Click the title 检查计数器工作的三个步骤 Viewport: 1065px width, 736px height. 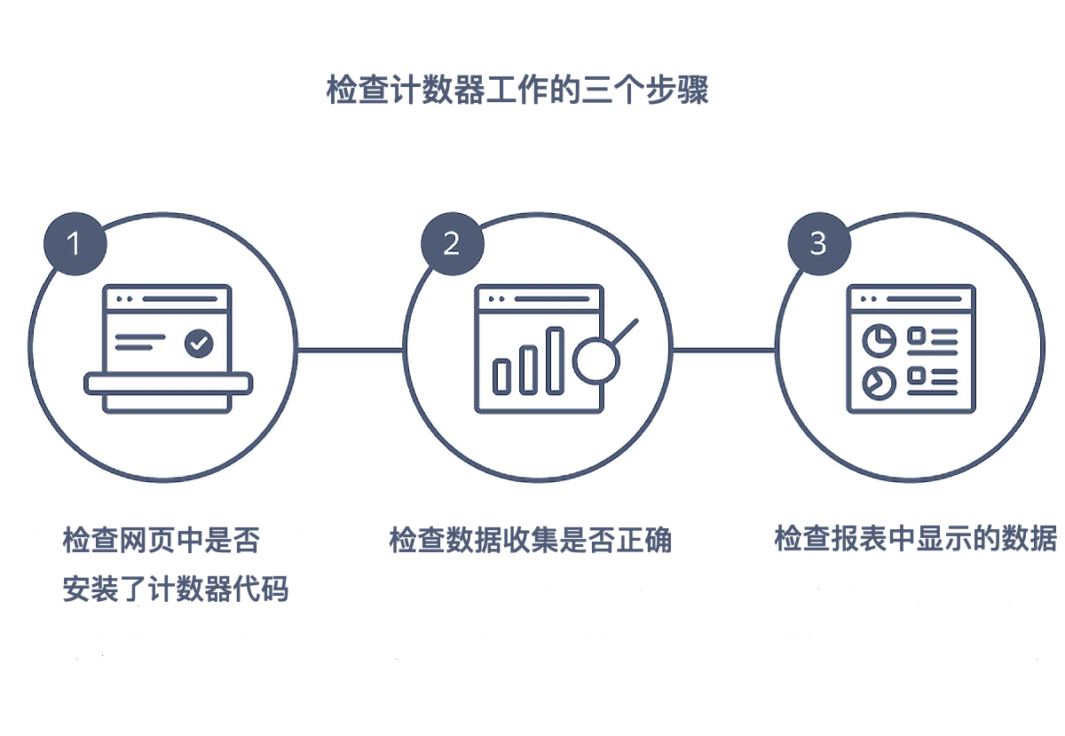(x=517, y=90)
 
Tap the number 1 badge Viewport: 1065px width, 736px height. (x=75, y=243)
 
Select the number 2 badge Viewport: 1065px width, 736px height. (x=452, y=243)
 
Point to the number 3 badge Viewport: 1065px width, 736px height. (x=819, y=243)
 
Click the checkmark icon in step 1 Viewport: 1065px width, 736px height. (x=199, y=343)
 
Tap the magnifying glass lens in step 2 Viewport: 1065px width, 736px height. (x=596, y=360)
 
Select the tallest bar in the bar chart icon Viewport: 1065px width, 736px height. (x=555, y=360)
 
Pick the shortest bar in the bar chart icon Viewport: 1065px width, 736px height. (x=501, y=377)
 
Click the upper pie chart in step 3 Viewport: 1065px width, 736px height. (x=880, y=341)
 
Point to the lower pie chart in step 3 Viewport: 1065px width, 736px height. (x=880, y=383)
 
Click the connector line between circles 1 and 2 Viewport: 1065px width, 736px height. (x=351, y=351)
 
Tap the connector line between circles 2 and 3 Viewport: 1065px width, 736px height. (x=723, y=351)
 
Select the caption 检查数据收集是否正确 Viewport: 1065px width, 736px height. (x=530, y=540)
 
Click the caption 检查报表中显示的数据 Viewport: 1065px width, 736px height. (x=916, y=538)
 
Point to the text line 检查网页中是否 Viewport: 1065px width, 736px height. (x=162, y=540)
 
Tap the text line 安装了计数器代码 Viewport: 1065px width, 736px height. (x=176, y=589)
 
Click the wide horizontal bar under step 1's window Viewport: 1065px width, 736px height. (x=169, y=384)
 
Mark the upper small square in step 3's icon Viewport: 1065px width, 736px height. (x=916, y=336)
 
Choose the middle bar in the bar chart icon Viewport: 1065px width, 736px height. (x=528, y=370)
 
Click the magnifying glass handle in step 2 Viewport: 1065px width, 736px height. (x=624, y=332)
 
